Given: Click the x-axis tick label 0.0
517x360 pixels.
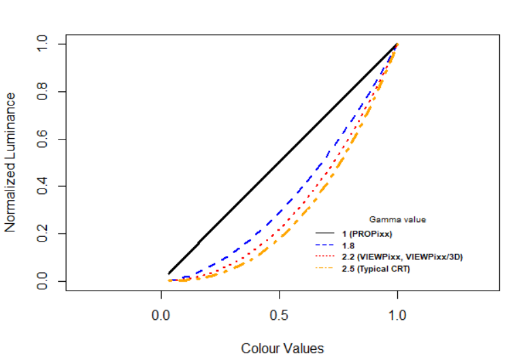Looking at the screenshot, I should click(x=161, y=316).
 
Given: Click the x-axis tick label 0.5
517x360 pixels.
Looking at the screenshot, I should click(x=280, y=316).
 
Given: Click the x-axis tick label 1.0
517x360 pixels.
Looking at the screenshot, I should click(x=397, y=316).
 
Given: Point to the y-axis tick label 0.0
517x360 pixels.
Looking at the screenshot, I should click(x=43, y=281).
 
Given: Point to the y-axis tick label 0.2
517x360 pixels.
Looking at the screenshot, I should click(x=43, y=234).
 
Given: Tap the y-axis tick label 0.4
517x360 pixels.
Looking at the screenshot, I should click(x=43, y=186).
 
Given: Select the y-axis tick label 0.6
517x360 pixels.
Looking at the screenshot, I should click(x=43, y=139).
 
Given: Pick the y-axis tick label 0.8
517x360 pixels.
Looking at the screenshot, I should click(x=43, y=92).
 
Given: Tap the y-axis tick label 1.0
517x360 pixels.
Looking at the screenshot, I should click(x=43, y=44).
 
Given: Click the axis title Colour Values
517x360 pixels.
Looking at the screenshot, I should click(x=282, y=348).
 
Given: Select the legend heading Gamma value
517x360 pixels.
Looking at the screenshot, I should click(x=397, y=220).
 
